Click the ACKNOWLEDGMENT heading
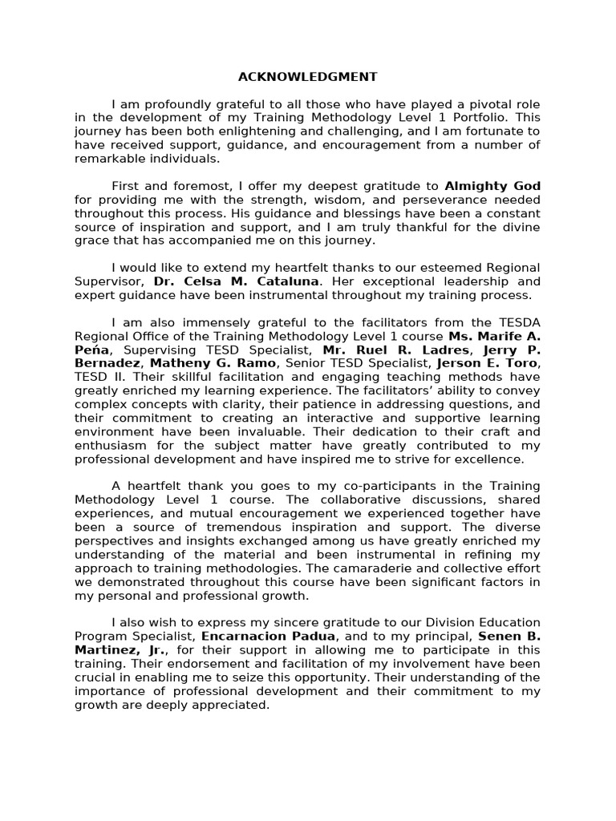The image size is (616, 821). click(307, 77)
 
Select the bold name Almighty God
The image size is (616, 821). click(492, 186)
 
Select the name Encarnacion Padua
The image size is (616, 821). click(259, 636)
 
